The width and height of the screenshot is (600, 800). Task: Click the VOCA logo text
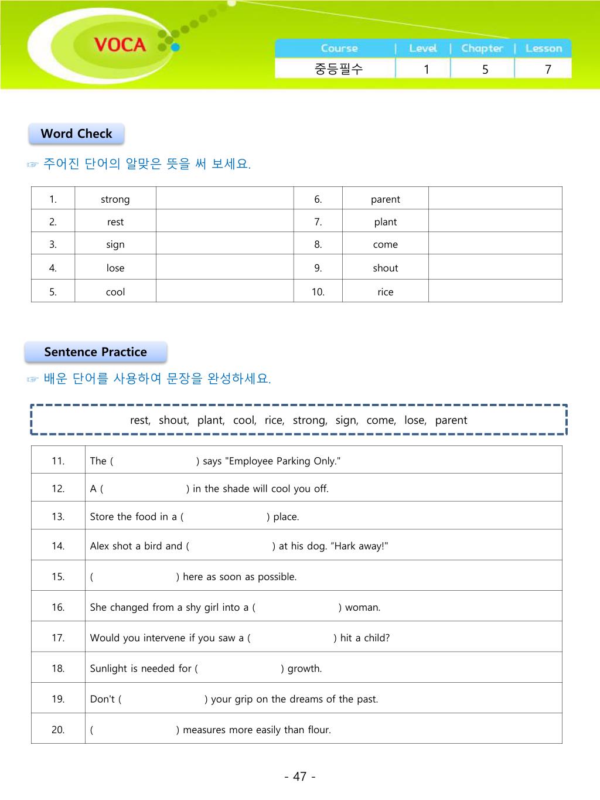point(120,45)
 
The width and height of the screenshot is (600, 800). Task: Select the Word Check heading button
point(76,134)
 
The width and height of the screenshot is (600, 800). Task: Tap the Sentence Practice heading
point(96,352)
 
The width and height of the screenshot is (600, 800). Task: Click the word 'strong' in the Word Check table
point(115,199)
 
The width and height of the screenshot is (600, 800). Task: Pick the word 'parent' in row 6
point(385,199)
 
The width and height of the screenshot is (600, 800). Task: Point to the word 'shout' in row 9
point(385,268)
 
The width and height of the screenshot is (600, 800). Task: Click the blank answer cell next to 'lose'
point(224,267)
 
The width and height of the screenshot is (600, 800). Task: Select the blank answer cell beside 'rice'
point(495,291)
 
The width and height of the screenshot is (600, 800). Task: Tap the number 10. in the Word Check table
point(318,292)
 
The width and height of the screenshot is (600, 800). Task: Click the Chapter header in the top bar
point(482,49)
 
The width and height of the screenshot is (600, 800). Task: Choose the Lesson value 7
point(548,69)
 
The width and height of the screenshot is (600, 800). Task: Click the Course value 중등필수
point(339,69)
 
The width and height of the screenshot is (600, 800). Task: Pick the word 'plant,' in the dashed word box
point(211,420)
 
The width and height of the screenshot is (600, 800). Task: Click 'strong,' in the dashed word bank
point(310,420)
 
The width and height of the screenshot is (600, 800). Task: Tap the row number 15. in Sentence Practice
point(58,577)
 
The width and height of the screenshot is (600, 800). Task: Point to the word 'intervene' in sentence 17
point(165,638)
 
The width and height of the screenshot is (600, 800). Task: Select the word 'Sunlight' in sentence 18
point(108,669)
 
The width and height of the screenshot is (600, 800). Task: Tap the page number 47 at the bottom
point(300,777)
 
